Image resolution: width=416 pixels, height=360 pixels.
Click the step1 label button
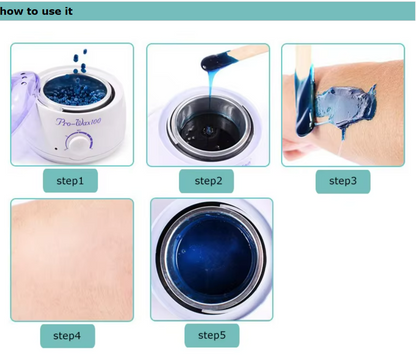pos(70,181)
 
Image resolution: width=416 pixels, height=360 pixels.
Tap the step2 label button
pos(206,181)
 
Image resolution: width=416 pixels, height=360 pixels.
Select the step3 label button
pos(343,181)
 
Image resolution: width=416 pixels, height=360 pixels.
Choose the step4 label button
pos(67,336)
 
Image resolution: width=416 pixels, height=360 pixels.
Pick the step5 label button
pos(212,335)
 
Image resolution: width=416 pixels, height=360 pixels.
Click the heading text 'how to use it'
pos(36,11)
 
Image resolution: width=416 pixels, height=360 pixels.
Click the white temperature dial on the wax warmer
pos(79,143)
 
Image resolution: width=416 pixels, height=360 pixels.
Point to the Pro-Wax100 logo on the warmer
pos(78,121)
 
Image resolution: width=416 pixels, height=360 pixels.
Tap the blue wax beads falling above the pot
pos(80,61)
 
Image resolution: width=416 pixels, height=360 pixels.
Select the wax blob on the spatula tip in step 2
pos(215,62)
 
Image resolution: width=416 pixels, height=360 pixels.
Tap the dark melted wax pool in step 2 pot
pos(207,130)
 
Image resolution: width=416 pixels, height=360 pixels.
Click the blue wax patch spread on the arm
pos(346,106)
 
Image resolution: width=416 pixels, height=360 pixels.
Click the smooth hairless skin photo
pos(72,260)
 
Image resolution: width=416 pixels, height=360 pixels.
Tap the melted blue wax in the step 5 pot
pos(212,258)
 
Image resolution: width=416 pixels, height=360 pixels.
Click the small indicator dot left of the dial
pos(56,148)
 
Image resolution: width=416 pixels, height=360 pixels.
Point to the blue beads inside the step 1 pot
pos(76,90)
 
